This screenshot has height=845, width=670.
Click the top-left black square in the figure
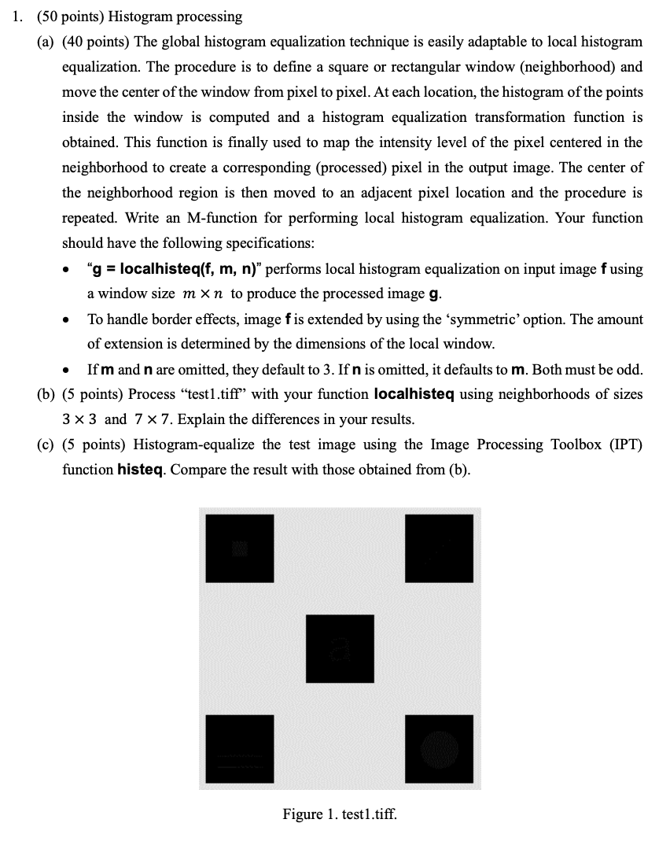point(240,548)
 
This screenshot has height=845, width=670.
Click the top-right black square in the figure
point(439,548)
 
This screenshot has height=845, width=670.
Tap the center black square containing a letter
point(340,648)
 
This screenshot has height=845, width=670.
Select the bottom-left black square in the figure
point(240,747)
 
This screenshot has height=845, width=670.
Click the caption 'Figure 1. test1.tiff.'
point(340,814)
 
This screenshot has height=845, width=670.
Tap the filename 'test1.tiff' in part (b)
point(241,393)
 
